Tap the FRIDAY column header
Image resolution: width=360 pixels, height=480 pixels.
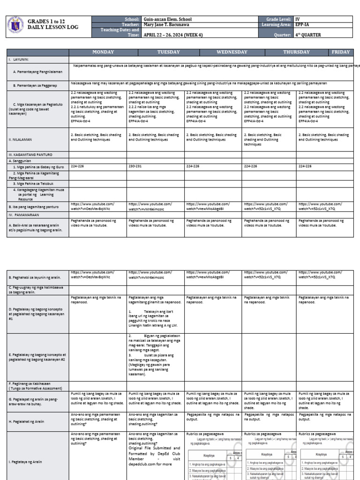click(341, 52)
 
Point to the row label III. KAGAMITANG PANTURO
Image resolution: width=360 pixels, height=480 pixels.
click(30, 154)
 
